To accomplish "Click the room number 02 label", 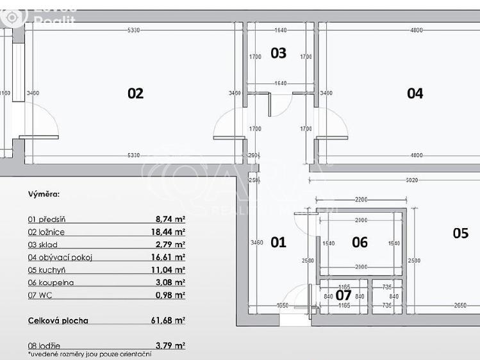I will click(x=135, y=94).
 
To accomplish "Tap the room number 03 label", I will click(x=278, y=53).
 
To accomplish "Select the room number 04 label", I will click(x=415, y=94).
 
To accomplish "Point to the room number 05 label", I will click(x=461, y=233).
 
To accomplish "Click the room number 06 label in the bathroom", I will click(x=360, y=242).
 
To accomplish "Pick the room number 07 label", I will click(x=344, y=295).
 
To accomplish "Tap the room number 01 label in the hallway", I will click(x=278, y=242).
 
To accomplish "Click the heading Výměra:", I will click(x=44, y=193).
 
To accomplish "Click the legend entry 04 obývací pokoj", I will click(x=60, y=257).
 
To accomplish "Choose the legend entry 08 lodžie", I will click(x=45, y=345).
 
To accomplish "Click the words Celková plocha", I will click(x=58, y=320).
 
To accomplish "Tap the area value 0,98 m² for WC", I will click(x=170, y=295).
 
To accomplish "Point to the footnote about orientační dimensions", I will click(x=90, y=354).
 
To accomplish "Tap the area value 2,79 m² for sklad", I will click(x=170, y=245).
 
